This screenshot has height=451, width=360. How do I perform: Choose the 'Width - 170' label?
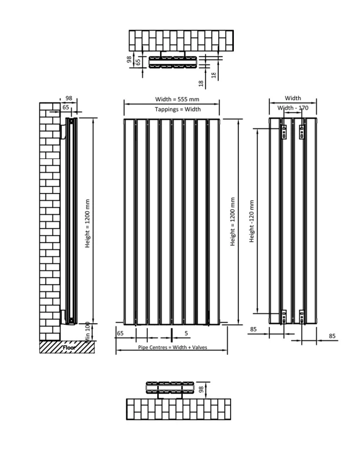[x=293, y=108]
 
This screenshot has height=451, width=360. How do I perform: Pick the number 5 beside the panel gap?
[x=186, y=334]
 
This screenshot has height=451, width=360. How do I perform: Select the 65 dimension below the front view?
[x=119, y=334]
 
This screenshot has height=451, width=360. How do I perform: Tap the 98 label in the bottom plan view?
[x=202, y=389]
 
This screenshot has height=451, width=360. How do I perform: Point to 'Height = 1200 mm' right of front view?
[x=233, y=222]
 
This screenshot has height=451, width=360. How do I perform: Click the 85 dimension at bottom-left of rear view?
[x=253, y=329]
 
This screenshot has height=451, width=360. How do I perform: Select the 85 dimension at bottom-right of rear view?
[x=332, y=336]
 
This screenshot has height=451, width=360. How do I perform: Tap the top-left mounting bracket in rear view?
[x=283, y=132]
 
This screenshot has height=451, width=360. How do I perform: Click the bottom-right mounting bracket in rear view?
[x=302, y=316]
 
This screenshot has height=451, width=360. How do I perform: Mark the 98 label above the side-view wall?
[x=69, y=98]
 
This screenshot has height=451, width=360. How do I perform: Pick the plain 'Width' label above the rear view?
[x=293, y=98]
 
